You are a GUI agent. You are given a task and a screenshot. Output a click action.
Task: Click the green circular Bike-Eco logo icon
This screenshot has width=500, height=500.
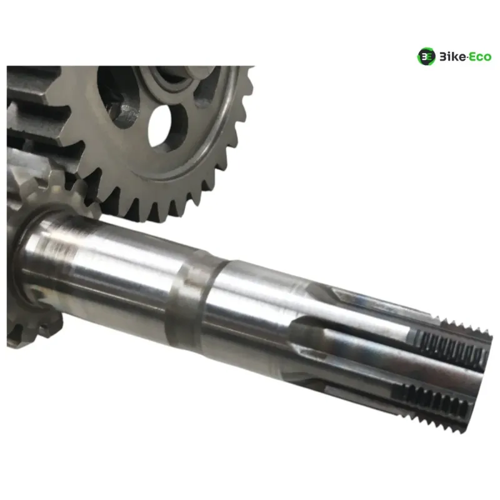click(426, 56)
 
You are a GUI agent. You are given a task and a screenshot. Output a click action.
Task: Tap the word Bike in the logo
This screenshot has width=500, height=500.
click(452, 57)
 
